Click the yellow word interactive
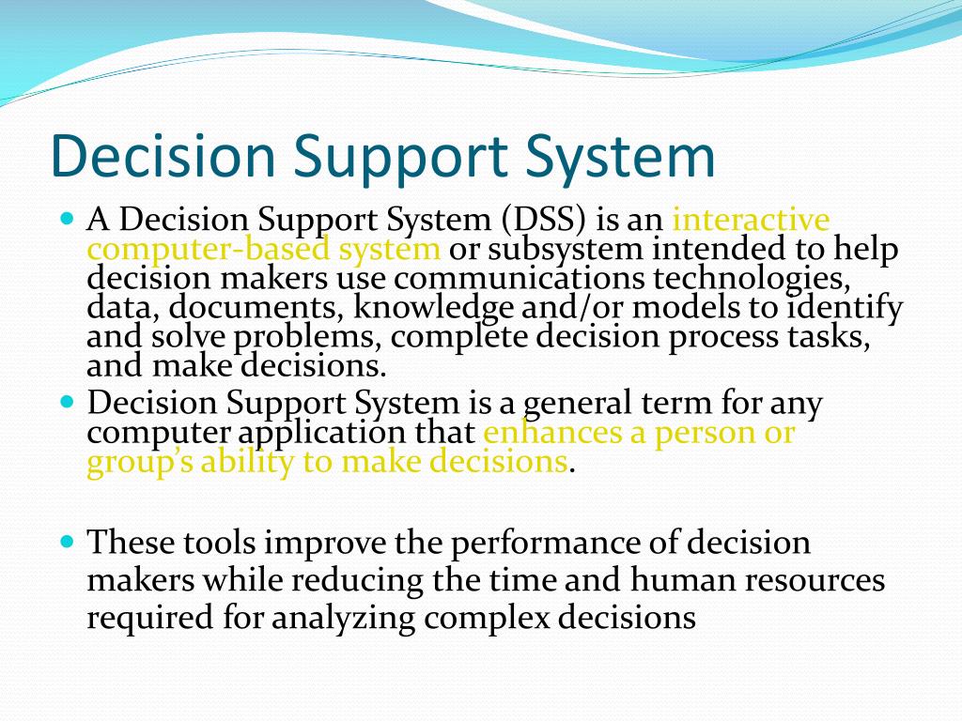(x=752, y=221)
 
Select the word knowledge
(x=433, y=307)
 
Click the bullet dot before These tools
(x=66, y=542)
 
